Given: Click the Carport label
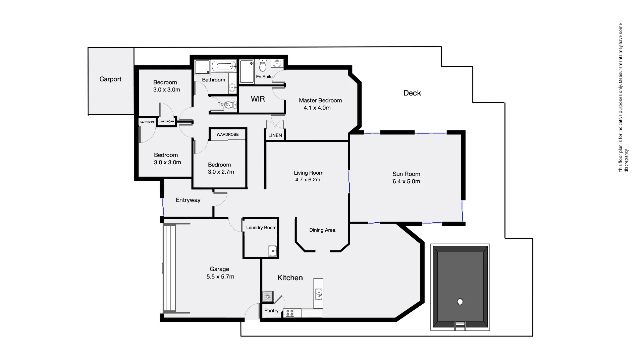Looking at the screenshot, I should point(110,79).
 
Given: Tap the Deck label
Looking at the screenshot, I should point(412,93).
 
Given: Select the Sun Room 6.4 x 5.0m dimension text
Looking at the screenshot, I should point(406,182).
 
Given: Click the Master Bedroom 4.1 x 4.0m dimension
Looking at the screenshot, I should point(317,108).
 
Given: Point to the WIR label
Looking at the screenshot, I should point(258,99).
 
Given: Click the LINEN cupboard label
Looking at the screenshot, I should point(275,135).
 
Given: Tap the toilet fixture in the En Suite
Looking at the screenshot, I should point(263,66).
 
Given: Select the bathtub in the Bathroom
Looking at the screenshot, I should point(224,66).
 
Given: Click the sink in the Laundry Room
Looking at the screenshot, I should point(272,251).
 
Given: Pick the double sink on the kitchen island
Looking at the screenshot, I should point(319,294).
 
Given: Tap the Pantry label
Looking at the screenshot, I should point(271,311).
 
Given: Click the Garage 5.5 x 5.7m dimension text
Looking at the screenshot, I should point(220,277).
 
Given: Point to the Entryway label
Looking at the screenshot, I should point(188,200).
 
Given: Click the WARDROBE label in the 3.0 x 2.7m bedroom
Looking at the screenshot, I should point(227,134).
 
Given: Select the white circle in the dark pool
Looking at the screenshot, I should point(460,302).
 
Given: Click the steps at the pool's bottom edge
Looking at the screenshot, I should point(460,325).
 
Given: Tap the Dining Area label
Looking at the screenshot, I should point(322,230).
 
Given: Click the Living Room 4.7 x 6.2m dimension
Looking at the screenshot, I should point(308,180).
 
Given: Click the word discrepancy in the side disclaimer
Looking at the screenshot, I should point(626,161).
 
